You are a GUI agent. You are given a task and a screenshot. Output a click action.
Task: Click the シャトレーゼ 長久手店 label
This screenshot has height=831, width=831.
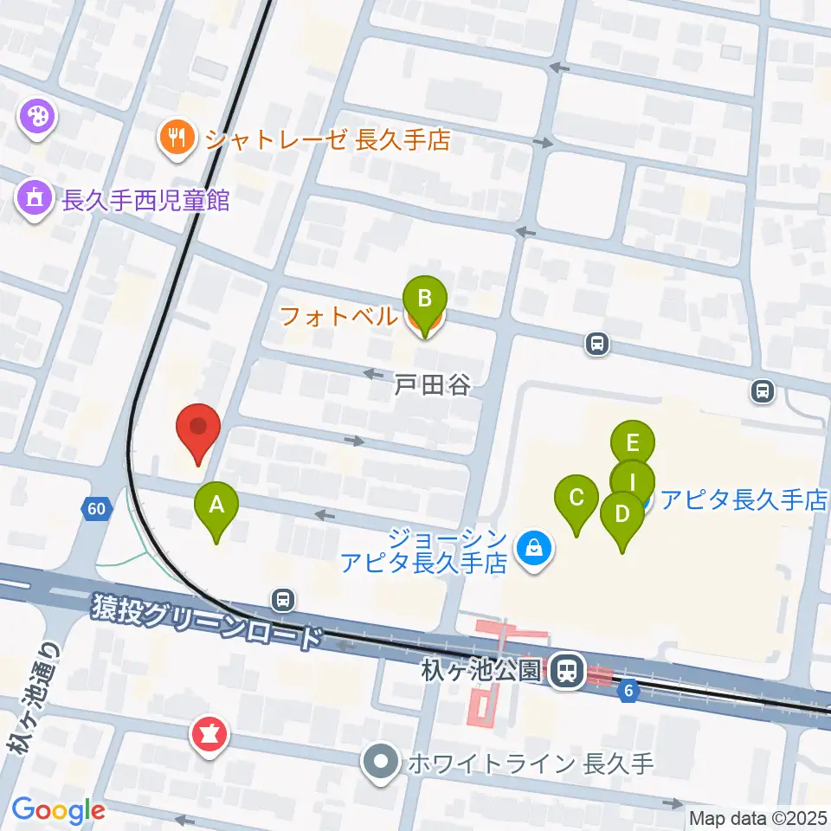click(x=328, y=138)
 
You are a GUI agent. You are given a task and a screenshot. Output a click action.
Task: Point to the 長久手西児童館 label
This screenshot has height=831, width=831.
click(x=146, y=201)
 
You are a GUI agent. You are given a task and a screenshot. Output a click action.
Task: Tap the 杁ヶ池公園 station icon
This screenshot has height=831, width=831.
click(x=568, y=669)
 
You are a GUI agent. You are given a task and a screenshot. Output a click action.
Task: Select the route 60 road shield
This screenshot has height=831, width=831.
click(x=97, y=508)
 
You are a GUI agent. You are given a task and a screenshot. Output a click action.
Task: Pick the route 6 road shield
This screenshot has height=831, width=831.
click(x=628, y=689)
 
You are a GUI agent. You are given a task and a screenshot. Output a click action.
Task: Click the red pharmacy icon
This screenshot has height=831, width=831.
click(x=209, y=736)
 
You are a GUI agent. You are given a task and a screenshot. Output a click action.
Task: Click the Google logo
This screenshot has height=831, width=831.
click(x=58, y=810)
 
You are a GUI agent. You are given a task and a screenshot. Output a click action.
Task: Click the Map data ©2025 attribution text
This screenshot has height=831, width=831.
click(x=757, y=817)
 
